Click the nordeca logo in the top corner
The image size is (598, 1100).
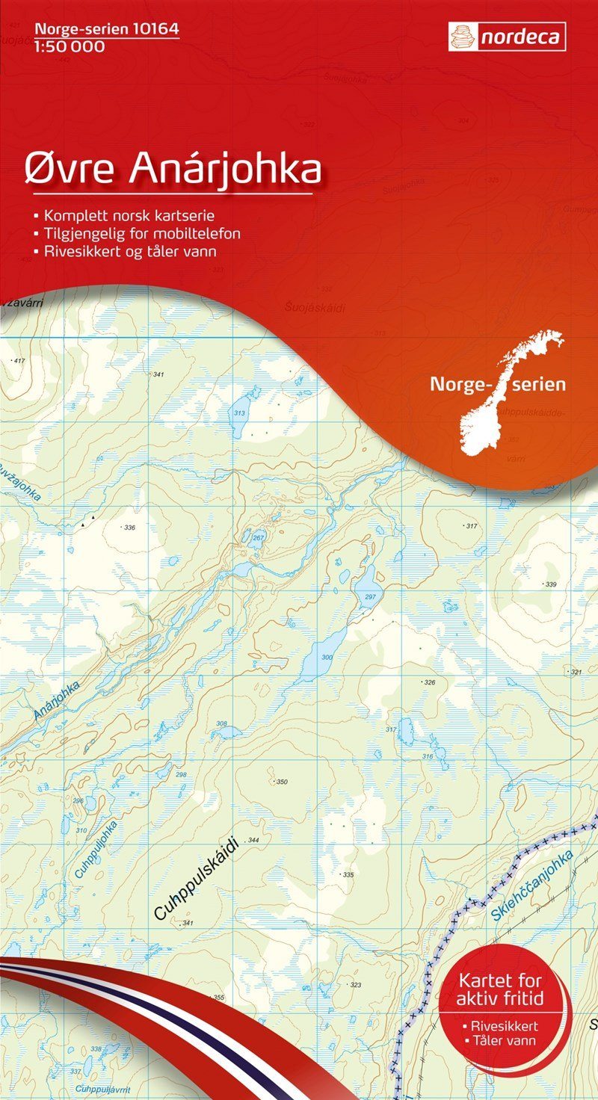(x=507, y=37)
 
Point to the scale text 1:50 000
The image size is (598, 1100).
(x=69, y=47)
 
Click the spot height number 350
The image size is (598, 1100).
(x=281, y=782)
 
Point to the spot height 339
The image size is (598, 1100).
(x=551, y=584)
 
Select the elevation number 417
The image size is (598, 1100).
(x=19, y=362)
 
